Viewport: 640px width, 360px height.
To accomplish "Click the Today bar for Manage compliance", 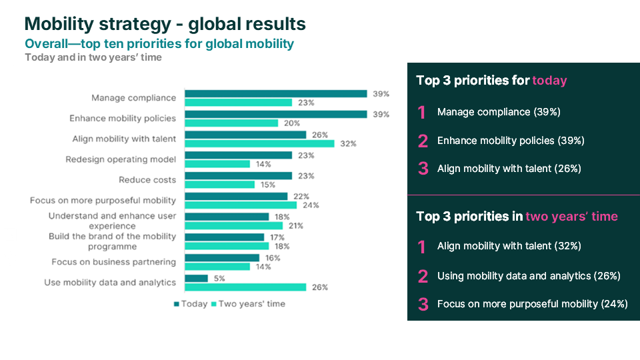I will tap(275, 94).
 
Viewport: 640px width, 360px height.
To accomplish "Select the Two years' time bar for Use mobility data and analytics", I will tap(245, 287).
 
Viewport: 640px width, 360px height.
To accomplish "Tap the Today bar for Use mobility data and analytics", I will tap(196, 278).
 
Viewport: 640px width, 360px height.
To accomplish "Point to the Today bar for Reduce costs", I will tap(238, 176).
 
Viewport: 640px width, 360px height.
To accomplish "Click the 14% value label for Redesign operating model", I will tap(263, 164).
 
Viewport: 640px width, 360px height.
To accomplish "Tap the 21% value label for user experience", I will tap(295, 226).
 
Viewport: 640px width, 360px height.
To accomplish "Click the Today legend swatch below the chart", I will tap(177, 304).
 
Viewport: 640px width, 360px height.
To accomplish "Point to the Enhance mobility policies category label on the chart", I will tap(123, 119).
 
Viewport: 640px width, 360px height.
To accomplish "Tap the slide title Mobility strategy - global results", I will tap(165, 24).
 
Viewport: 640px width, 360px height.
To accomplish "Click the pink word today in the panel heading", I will tap(549, 81).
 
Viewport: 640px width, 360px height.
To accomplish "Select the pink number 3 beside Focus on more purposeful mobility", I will tap(423, 304).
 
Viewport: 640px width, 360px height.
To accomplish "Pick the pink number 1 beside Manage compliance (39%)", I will tap(422, 112).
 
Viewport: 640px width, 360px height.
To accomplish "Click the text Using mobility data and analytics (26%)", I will tap(529, 275).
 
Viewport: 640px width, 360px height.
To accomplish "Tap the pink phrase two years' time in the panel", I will tap(571, 216).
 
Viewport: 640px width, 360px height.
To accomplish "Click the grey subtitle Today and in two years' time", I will tap(93, 57).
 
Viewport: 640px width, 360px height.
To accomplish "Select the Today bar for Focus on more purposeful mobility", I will tap(236, 196).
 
